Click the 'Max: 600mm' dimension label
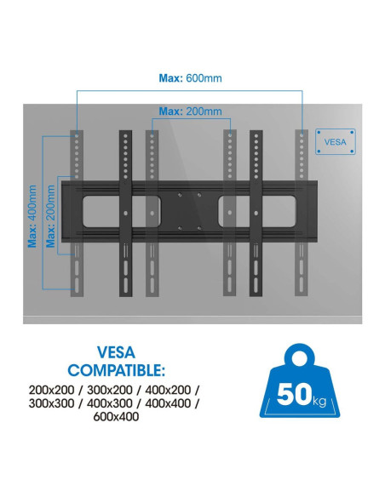(x=190, y=78)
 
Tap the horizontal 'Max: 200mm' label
(x=190, y=111)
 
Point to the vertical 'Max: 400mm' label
(x=32, y=216)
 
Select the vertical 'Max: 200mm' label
(x=50, y=216)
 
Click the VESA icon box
(x=336, y=141)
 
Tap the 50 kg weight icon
(x=300, y=380)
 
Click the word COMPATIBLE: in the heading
(x=117, y=370)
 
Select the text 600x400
(x=116, y=417)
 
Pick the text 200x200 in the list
(x=51, y=390)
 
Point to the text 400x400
(x=168, y=403)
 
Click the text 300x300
(x=51, y=403)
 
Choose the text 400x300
(x=110, y=403)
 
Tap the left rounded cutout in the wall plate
(x=122, y=211)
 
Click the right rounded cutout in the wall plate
(x=257, y=211)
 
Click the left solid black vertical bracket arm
(x=125, y=214)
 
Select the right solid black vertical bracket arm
(x=256, y=214)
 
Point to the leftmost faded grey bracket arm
(x=77, y=214)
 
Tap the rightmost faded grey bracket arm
(x=302, y=214)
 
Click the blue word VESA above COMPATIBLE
(x=116, y=352)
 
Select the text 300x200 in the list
(x=110, y=390)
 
